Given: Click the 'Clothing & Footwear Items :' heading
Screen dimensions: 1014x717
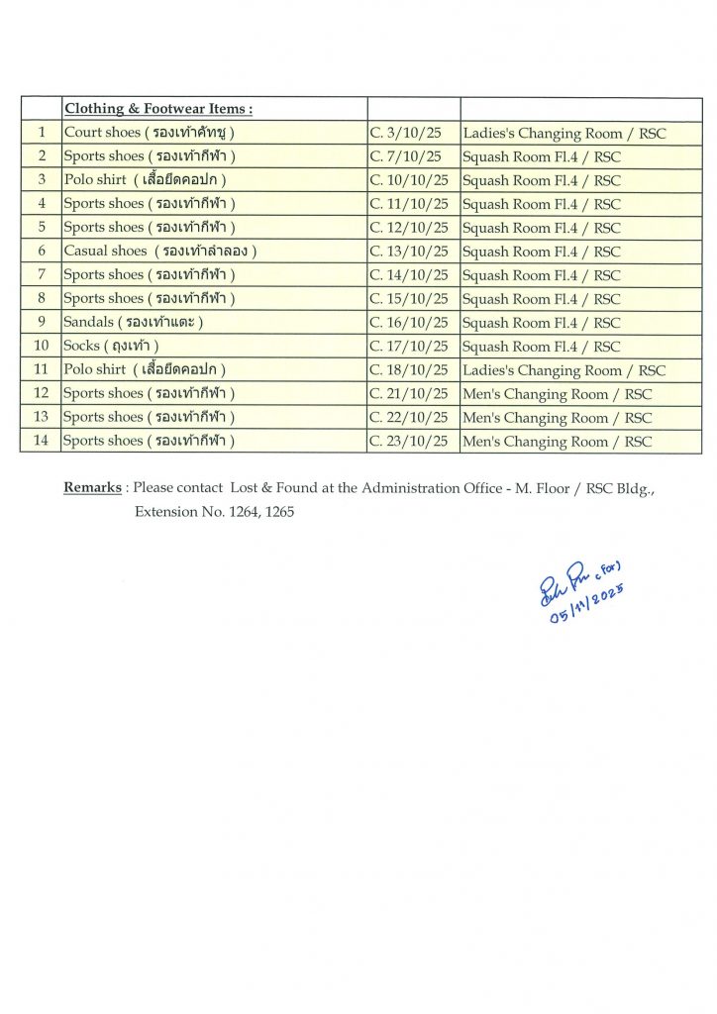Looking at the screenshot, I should point(158,109).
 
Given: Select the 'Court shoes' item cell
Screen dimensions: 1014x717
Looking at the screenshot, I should point(150,133).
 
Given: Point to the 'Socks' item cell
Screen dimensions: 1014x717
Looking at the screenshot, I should point(111,347).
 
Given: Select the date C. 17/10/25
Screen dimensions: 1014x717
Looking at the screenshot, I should point(409,347).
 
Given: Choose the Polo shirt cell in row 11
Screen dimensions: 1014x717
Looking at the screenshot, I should point(146,370).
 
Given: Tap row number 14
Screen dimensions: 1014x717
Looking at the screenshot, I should point(42,442).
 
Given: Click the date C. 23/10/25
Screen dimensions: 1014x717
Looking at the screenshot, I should point(409,442).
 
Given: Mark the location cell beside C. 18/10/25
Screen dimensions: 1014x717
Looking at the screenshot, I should point(563,370).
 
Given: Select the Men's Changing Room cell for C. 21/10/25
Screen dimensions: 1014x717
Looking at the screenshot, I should point(557,394).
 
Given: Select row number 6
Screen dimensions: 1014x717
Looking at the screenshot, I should point(42,252).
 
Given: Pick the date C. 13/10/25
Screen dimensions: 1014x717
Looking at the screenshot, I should point(409,252).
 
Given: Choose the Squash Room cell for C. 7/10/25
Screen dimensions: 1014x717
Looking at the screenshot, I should point(541,156).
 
